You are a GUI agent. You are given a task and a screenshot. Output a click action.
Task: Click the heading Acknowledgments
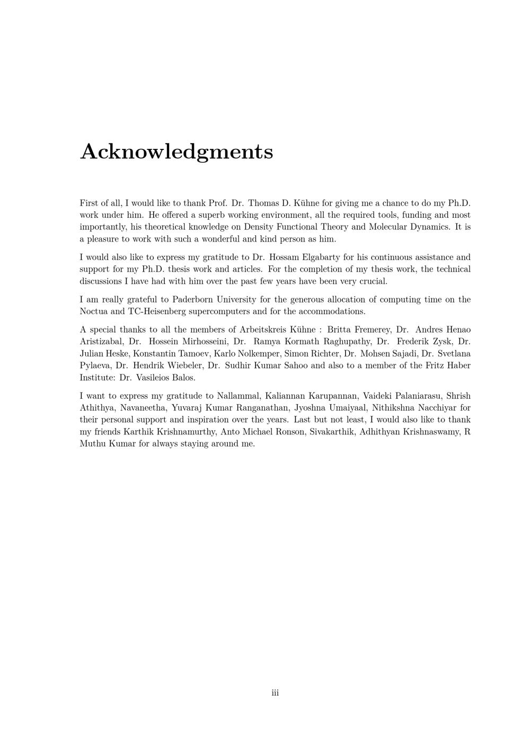176,151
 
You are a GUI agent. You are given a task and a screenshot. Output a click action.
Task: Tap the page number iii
275,693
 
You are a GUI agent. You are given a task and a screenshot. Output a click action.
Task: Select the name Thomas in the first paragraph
263,203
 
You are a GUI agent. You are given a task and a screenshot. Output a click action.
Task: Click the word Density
258,227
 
